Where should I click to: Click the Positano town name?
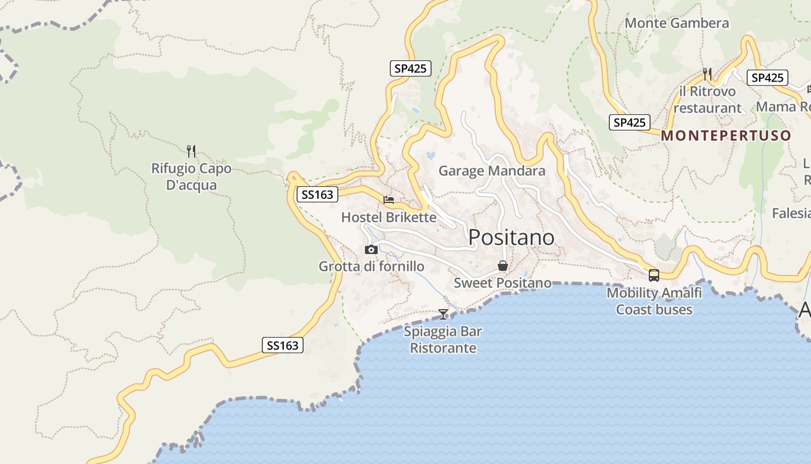(511, 237)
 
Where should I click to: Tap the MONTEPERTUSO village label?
(726, 136)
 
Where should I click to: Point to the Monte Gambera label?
(677, 23)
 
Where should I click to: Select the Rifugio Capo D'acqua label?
(191, 177)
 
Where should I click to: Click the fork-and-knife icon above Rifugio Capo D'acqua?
(191, 151)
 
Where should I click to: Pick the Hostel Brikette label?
(389, 217)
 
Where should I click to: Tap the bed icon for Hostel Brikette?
(389, 200)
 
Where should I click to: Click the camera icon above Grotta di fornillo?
(371, 250)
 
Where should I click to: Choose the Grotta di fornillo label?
(371, 267)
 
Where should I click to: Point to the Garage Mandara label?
(492, 171)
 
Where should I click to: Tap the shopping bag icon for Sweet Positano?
(503, 266)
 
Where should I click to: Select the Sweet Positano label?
(503, 283)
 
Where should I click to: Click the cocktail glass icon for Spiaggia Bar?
(443, 314)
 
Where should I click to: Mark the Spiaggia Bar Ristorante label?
(443, 340)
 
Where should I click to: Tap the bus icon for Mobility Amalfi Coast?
(654, 275)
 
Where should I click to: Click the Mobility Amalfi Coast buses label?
(654, 301)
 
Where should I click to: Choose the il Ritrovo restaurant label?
(707, 100)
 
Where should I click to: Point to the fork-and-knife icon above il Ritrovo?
(707, 74)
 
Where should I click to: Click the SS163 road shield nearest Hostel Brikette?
(317, 195)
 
